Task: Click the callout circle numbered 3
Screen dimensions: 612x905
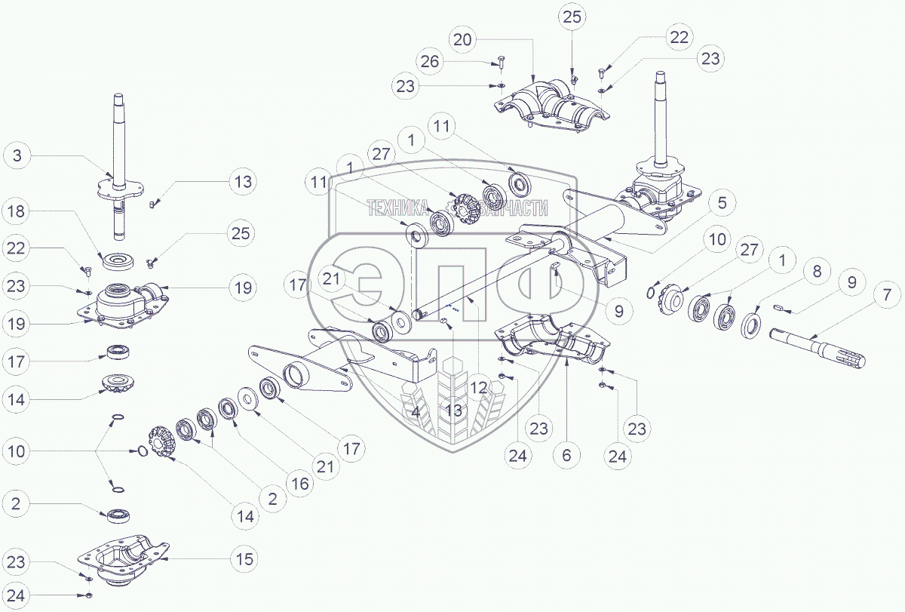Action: coord(17,157)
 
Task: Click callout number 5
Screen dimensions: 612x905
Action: coord(721,202)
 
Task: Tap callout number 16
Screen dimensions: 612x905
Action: coord(299,483)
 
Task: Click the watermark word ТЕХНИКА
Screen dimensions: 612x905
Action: coord(397,208)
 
